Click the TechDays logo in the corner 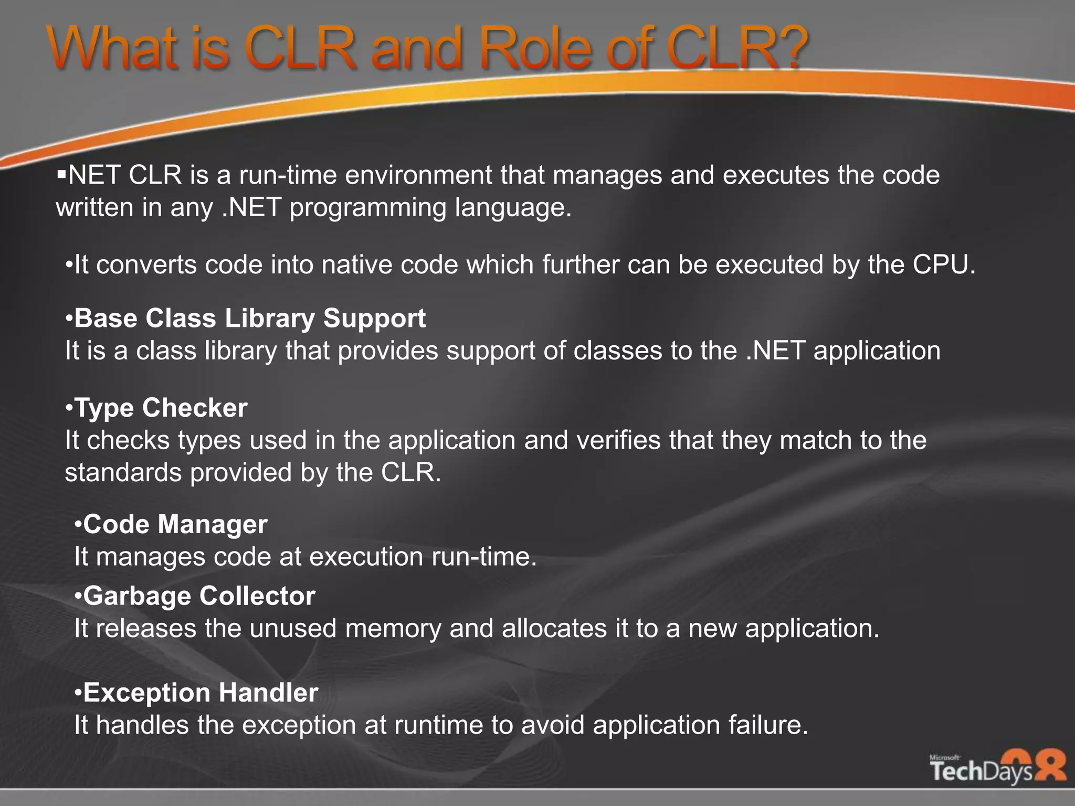pyautogui.click(x=997, y=769)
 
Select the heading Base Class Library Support pyautogui.click(x=250, y=319)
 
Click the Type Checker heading pyautogui.click(x=161, y=408)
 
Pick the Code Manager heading pyautogui.click(x=175, y=524)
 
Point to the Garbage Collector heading pyautogui.click(x=199, y=596)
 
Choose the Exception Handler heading pyautogui.click(x=201, y=693)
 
